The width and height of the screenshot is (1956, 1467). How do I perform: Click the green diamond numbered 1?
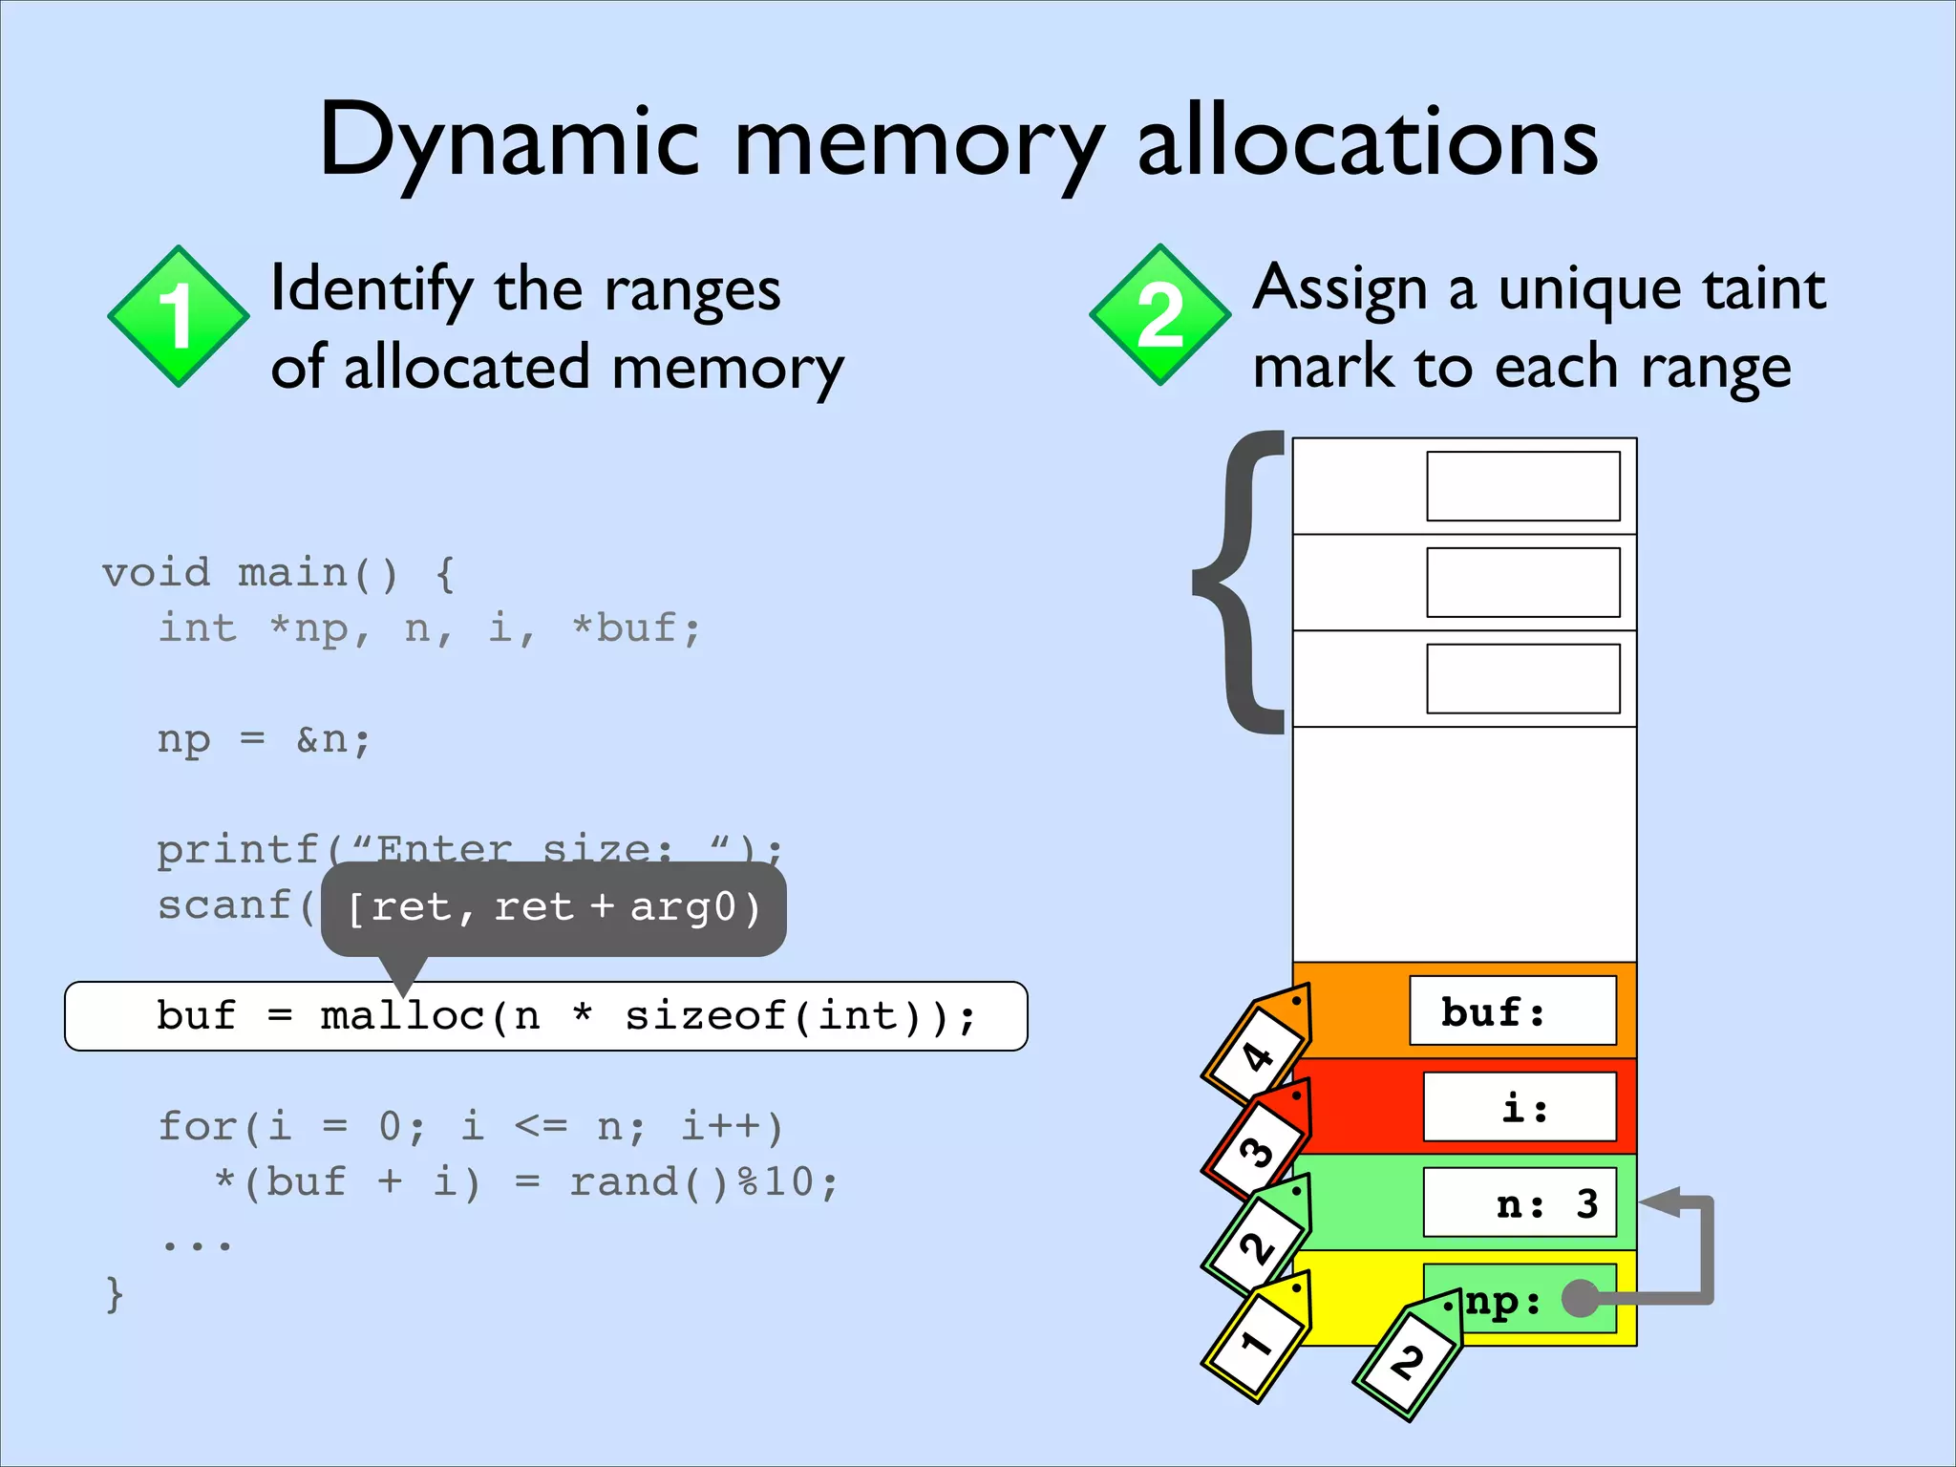178,316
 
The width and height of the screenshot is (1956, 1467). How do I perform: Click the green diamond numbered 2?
1159,315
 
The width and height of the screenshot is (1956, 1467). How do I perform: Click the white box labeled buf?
1513,1010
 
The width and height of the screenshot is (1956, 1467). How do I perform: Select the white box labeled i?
1520,1107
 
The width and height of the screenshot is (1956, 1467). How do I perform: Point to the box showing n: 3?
1520,1202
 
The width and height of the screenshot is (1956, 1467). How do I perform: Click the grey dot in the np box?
1581,1298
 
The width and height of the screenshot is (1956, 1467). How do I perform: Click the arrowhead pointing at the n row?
1662,1202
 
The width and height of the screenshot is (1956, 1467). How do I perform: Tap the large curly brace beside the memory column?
1240,583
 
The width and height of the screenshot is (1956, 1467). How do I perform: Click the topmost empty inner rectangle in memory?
1523,486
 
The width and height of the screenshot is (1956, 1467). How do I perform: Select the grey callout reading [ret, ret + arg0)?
553,908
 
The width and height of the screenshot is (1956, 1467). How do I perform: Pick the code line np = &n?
264,739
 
